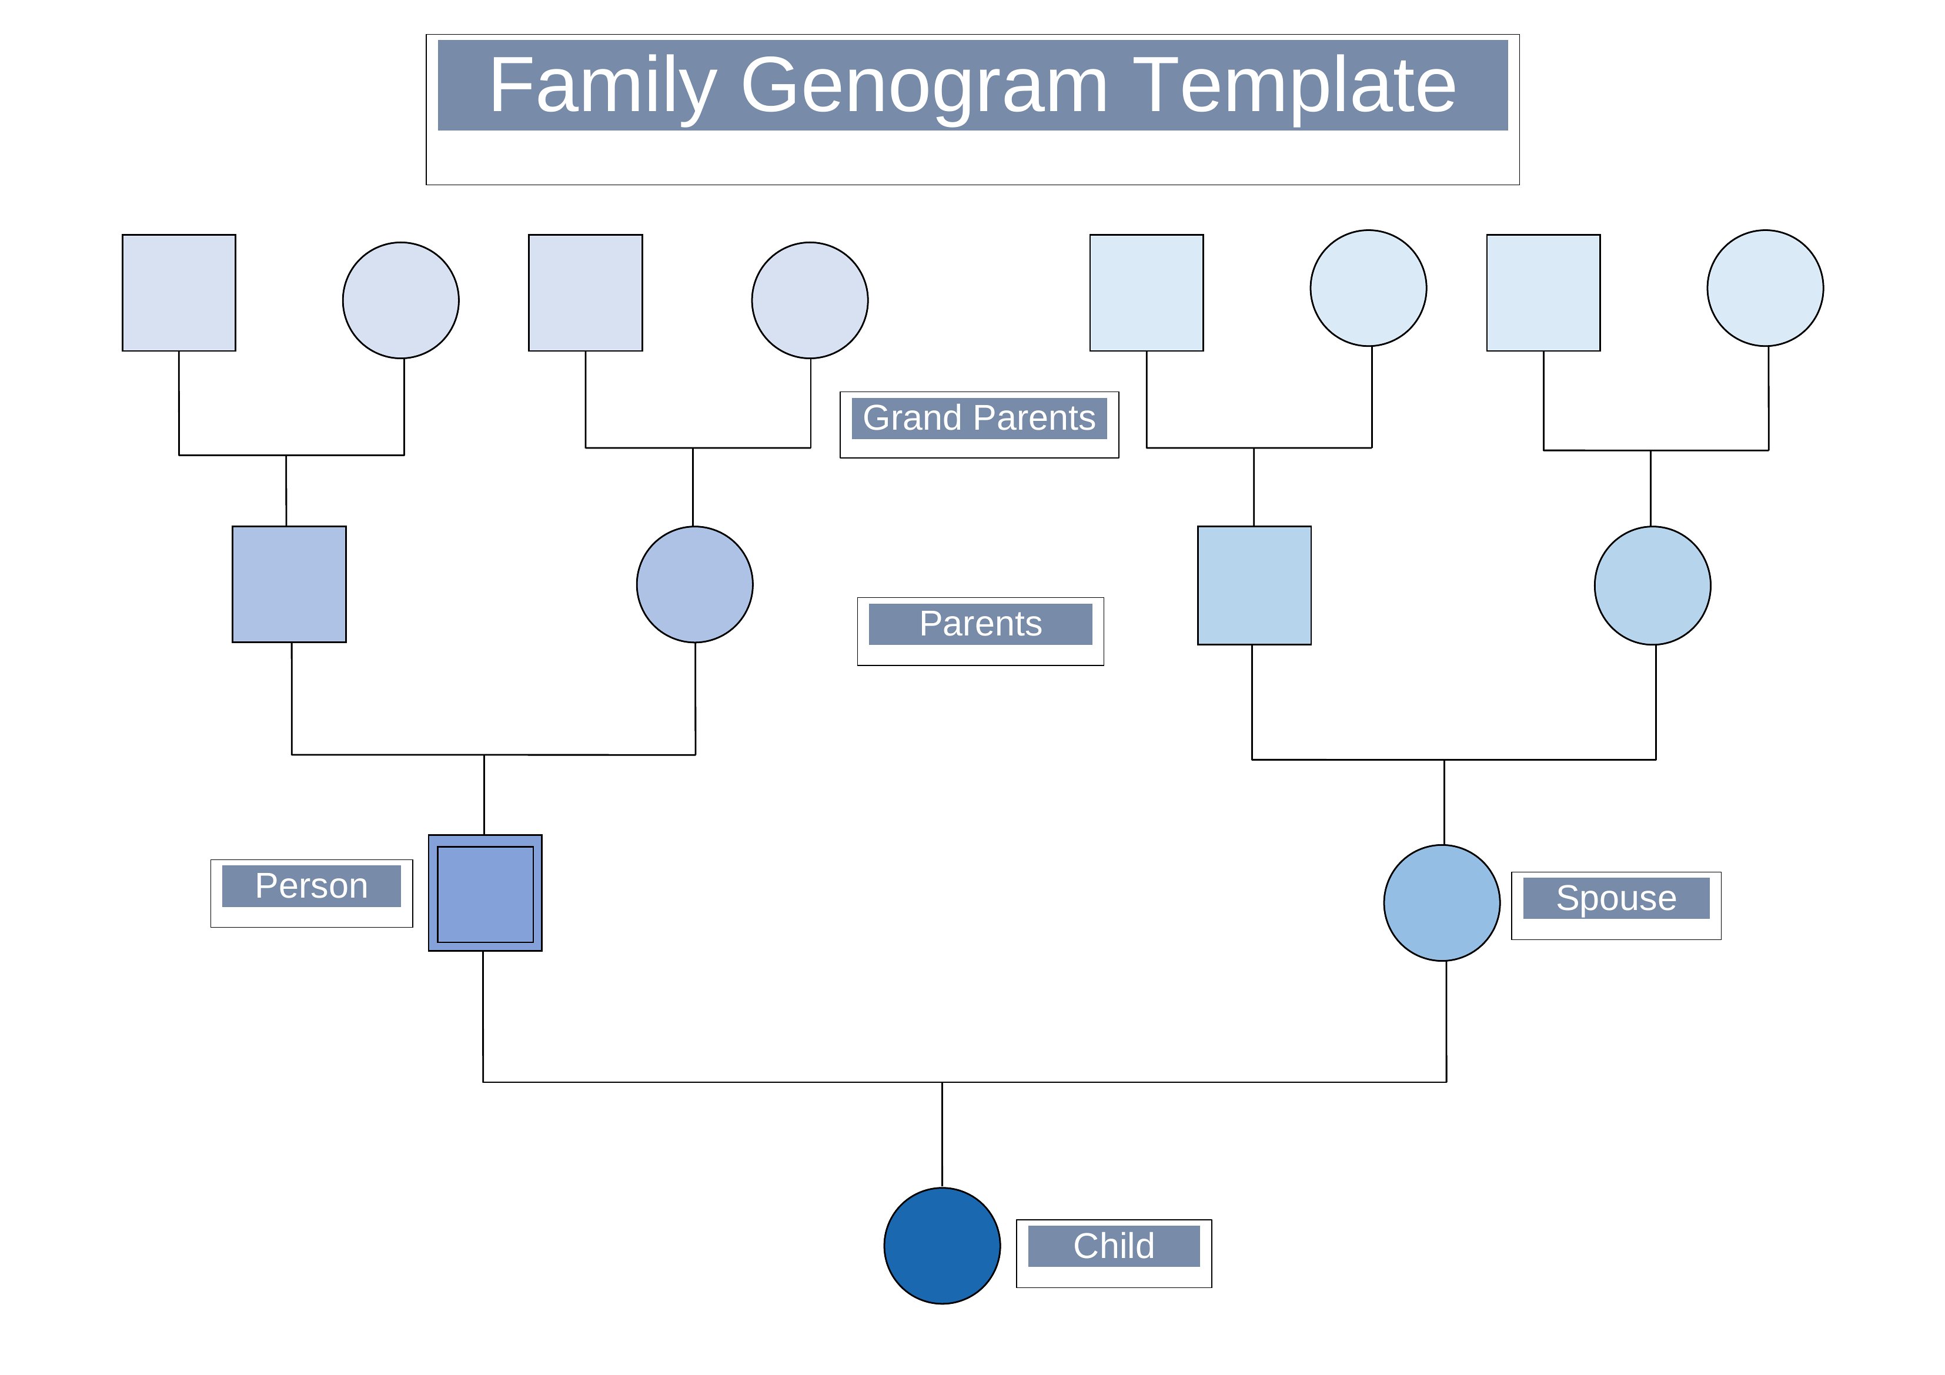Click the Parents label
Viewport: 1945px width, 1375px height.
[x=980, y=624]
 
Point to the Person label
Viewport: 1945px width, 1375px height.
[x=311, y=886]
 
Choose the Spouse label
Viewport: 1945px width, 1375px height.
[x=1616, y=898]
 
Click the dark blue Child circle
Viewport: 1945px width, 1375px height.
[x=942, y=1246]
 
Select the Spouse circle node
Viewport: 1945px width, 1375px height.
[x=1442, y=903]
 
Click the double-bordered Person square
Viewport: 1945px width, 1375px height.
[x=486, y=893]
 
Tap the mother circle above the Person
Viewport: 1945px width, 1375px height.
[x=694, y=584]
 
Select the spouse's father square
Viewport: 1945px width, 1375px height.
[x=1255, y=586]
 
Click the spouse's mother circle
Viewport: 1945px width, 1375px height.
[x=1653, y=586]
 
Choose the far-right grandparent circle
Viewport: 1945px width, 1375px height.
[x=1766, y=288]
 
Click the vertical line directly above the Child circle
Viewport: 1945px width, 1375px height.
[x=942, y=1135]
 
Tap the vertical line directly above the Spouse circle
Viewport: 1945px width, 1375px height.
[x=1445, y=802]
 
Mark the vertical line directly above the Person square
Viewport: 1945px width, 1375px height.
[x=484, y=795]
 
